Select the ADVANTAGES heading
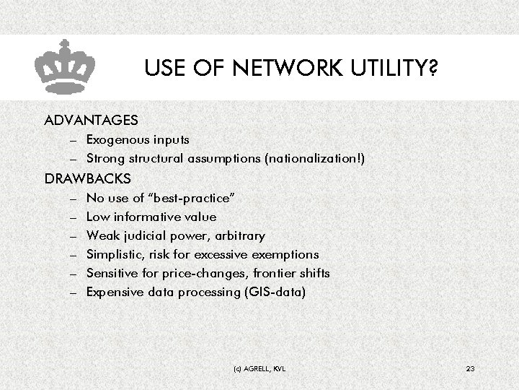(x=91, y=118)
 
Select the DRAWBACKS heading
(x=88, y=178)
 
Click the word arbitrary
(x=239, y=235)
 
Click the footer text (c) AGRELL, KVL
(x=259, y=369)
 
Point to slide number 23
(x=470, y=369)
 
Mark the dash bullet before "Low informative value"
(x=74, y=217)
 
